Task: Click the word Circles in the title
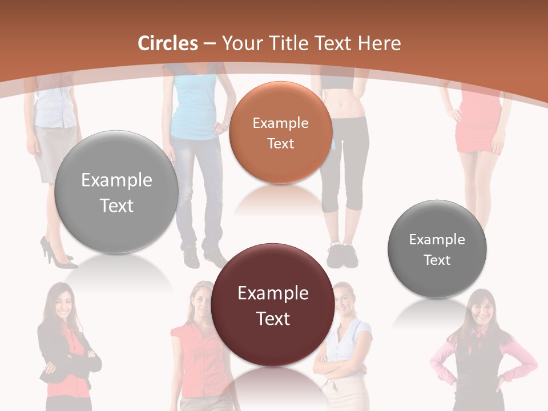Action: (x=167, y=43)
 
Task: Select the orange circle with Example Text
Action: (x=280, y=132)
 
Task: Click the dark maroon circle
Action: (x=272, y=305)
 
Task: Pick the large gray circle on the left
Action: (x=116, y=192)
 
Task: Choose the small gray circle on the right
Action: (x=437, y=249)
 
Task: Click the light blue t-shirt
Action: (x=195, y=106)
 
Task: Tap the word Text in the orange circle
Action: (x=280, y=143)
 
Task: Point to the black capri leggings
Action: (x=344, y=166)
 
